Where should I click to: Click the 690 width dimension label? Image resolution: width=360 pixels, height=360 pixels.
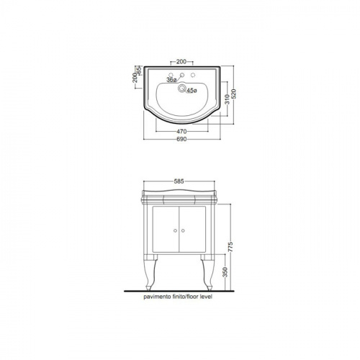(x=181, y=139)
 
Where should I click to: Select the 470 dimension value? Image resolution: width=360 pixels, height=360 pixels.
(x=181, y=132)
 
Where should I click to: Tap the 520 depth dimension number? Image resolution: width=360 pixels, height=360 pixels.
(x=234, y=94)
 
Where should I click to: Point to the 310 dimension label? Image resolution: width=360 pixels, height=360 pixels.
(x=227, y=99)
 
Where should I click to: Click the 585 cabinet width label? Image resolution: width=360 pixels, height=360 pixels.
(x=179, y=181)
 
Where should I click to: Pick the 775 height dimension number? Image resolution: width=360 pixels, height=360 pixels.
(x=230, y=247)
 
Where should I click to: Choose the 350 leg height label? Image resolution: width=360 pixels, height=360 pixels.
(x=225, y=272)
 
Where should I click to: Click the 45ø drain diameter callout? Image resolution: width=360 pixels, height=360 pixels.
(x=192, y=91)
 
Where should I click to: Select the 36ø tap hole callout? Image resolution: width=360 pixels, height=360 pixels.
(x=171, y=80)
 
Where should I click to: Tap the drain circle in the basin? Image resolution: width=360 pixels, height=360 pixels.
(x=181, y=88)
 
